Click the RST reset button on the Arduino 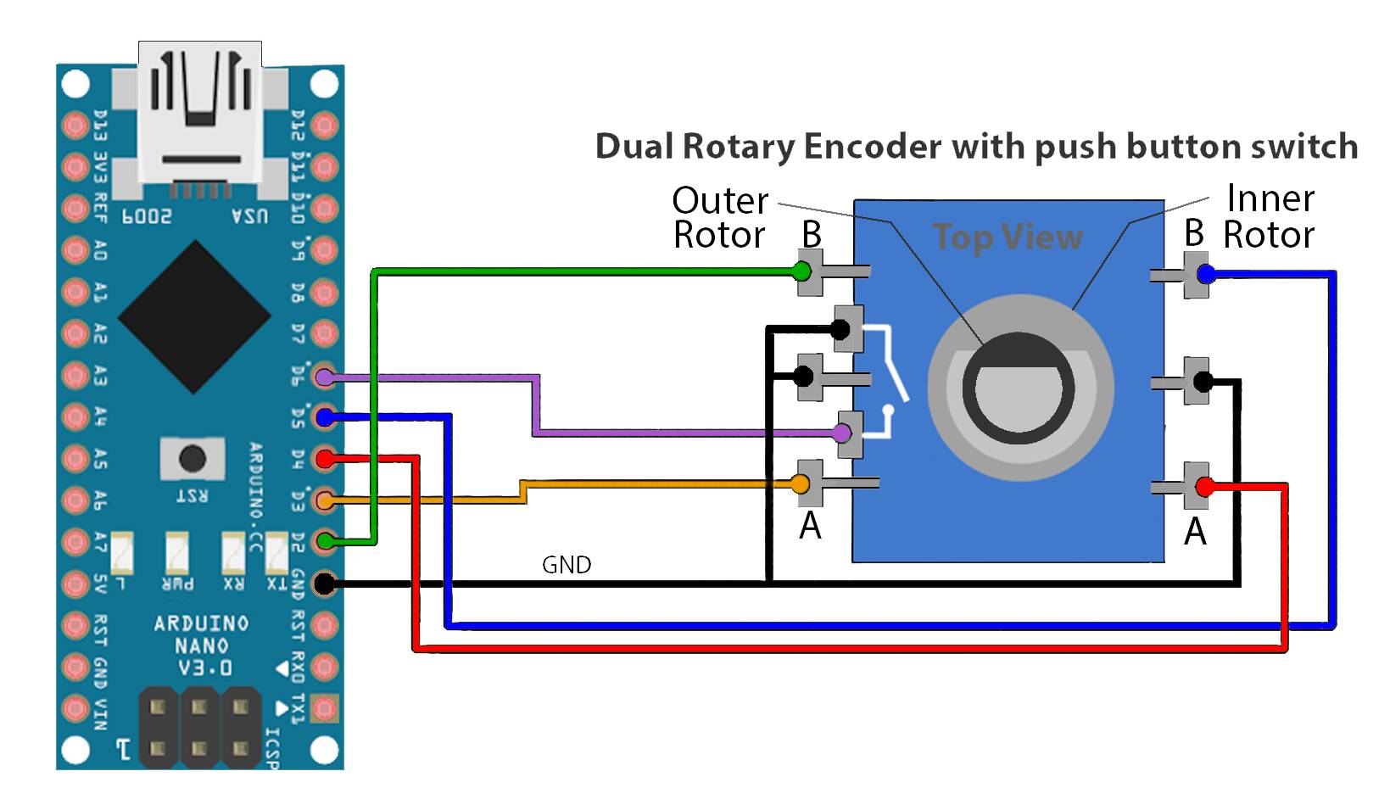(x=193, y=459)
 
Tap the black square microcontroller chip (x=194, y=316)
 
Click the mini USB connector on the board (x=200, y=118)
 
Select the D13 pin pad (x=75, y=126)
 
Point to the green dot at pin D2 (x=325, y=541)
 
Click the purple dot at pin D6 (x=325, y=377)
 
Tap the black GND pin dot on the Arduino (x=325, y=583)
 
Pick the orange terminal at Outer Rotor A (x=801, y=483)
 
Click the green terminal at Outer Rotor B (x=801, y=271)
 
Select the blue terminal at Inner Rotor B (x=1206, y=273)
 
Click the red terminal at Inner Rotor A (x=1204, y=486)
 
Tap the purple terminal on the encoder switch (x=842, y=433)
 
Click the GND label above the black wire (x=567, y=565)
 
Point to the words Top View (x=1008, y=237)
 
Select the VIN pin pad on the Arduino (x=75, y=708)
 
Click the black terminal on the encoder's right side (x=1203, y=381)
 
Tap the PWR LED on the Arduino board (x=177, y=552)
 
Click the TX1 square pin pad (x=325, y=708)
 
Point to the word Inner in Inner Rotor (x=1270, y=198)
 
